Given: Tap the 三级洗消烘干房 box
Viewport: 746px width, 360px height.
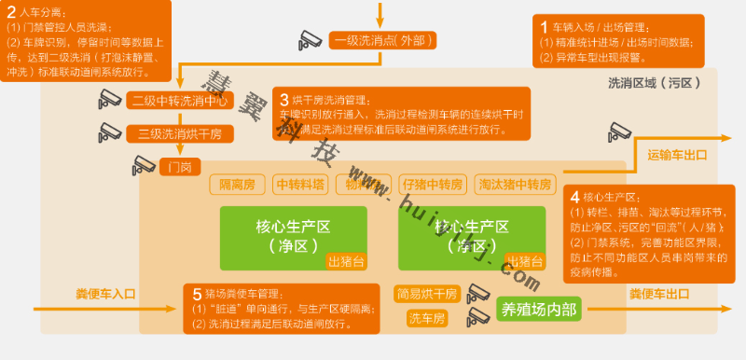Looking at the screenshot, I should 179,133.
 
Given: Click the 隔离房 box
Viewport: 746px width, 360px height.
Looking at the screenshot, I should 238,184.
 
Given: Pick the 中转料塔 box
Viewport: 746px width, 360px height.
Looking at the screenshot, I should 300,184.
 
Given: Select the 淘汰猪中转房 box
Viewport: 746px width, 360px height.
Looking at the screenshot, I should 514,184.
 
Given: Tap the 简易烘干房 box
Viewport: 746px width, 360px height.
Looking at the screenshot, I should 427,294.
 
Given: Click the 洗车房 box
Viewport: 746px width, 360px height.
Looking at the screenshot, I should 427,319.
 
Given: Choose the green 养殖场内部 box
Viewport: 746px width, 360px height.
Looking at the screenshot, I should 539,309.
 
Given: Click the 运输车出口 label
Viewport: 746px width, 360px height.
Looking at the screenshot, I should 677,155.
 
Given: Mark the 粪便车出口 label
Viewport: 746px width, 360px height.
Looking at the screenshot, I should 658,294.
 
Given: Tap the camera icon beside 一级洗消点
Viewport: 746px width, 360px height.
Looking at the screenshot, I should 310,40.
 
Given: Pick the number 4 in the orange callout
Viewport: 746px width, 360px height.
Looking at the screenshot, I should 574,197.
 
